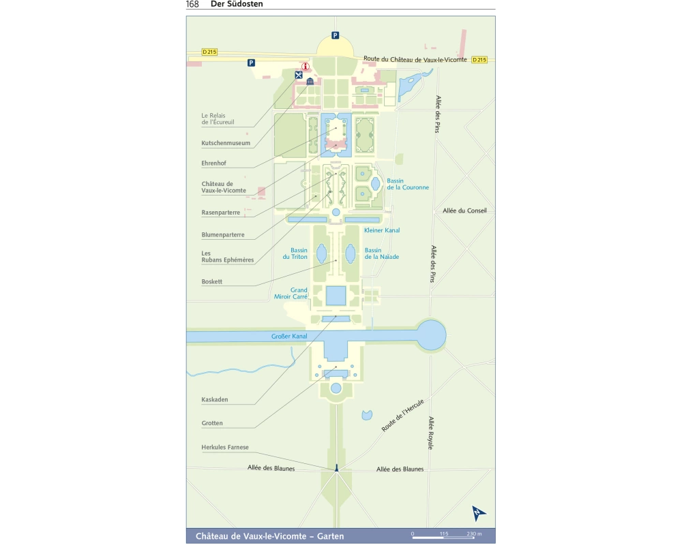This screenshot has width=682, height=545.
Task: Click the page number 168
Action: pos(192,4)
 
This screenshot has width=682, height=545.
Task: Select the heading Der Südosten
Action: pos(237,4)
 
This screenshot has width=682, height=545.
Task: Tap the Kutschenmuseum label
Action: pos(225,143)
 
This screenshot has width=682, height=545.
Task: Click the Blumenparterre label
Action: pos(222,235)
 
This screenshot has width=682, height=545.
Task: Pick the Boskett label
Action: pos(212,281)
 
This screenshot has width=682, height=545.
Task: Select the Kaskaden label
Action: pos(215,399)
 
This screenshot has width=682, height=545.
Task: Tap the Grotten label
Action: pos(212,423)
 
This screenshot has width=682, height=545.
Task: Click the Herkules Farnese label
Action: pos(225,447)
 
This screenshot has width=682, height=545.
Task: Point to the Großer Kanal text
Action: pos(289,337)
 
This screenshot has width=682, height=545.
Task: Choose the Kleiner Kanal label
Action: pos(382,230)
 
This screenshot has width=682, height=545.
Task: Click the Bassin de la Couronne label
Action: pos(408,184)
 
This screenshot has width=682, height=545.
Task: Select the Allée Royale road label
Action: pos(430,433)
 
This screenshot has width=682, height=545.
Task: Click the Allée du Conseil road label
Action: pos(464,211)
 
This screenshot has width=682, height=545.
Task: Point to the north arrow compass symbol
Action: pos(479,514)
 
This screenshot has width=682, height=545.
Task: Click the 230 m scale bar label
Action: pos(474,533)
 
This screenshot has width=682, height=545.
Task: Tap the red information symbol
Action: pos(306,67)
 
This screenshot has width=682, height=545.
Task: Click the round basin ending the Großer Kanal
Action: pos(430,334)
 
